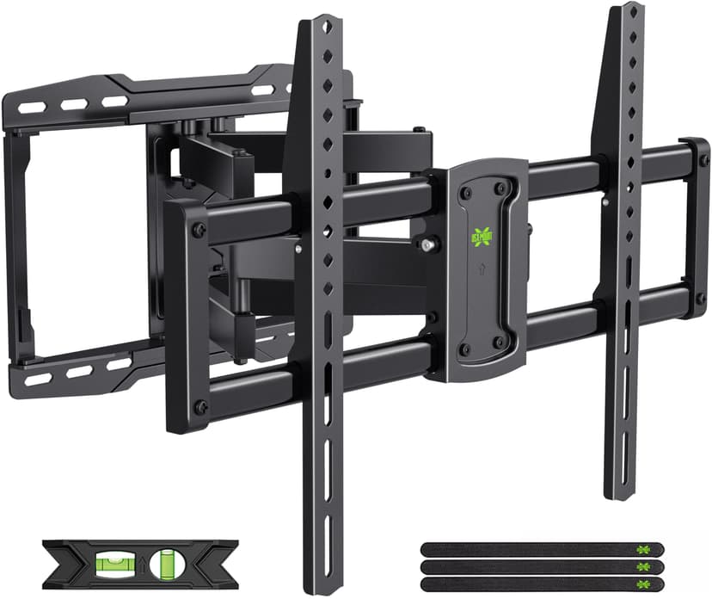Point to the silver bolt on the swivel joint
pyautogui.click(x=427, y=246)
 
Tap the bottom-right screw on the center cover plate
pyautogui.click(x=498, y=346)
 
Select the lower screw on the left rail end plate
pyautogui.click(x=199, y=407)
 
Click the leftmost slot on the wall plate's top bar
pyautogui.click(x=32, y=108)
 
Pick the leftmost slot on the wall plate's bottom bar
pyautogui.click(x=37, y=378)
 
